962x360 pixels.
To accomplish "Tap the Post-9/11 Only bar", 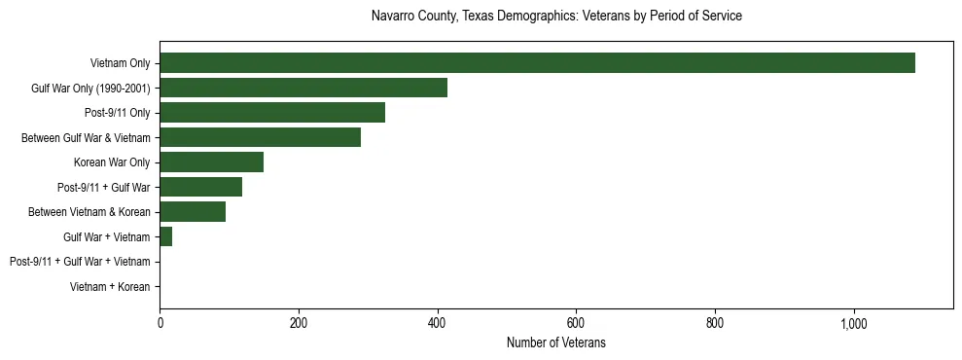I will pos(272,113).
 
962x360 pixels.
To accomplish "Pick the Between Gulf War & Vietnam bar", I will pos(260,138).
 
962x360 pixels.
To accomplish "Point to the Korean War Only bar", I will pos(211,162).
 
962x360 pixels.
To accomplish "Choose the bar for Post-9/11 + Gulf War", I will pos(200,188).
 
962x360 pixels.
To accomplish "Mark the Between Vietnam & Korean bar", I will pos(193,212).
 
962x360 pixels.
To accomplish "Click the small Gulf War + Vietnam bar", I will pos(166,237).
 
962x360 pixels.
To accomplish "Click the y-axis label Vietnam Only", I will pos(120,64).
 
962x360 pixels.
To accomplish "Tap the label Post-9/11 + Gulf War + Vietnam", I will pos(80,263).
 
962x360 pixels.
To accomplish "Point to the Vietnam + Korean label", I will pos(110,287).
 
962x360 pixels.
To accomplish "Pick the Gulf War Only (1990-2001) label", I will pos(90,89).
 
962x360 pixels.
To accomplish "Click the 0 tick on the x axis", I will pos(160,322).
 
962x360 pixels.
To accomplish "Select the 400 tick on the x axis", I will pos(438,322).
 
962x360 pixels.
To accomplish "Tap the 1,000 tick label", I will pos(854,322).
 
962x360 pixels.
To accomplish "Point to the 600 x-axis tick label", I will pos(576,322).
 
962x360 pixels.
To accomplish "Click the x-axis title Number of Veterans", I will pos(556,342).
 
